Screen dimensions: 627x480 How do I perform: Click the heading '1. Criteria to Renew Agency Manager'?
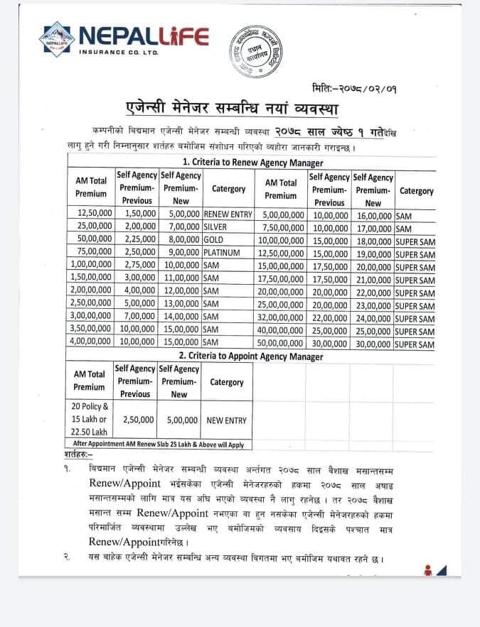point(251,160)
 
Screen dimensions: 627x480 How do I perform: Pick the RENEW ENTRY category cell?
point(228,213)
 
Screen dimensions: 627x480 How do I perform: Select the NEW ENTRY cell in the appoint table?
point(227,420)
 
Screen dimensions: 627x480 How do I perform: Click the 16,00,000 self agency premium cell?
point(372,213)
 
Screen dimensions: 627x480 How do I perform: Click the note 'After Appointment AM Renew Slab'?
point(159,445)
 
